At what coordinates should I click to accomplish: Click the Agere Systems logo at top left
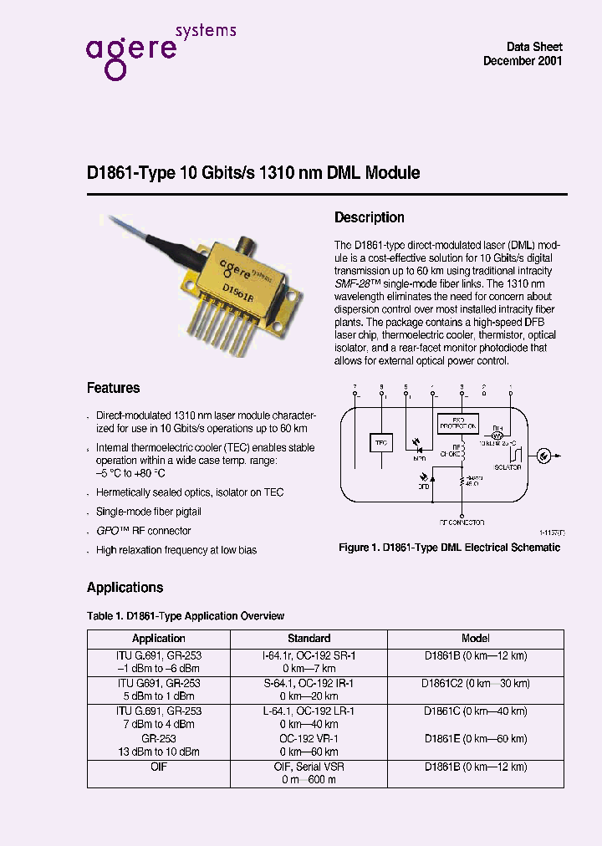[160, 50]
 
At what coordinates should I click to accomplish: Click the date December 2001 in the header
[523, 62]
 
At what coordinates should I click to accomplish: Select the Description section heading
[369, 217]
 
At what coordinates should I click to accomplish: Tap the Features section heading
[114, 388]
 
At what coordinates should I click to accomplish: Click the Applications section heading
[125, 588]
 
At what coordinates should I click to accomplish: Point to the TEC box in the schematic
[380, 442]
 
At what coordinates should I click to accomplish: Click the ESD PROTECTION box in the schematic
[458, 425]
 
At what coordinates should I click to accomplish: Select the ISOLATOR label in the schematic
[508, 467]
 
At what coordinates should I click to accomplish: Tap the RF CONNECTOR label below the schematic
[462, 522]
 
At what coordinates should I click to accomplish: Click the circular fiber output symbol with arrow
[543, 456]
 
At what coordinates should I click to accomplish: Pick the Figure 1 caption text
[449, 548]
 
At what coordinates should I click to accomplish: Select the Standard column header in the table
[309, 638]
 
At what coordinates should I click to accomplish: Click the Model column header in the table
[475, 638]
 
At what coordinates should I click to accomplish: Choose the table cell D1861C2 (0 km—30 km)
[475, 683]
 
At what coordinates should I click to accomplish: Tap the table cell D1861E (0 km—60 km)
[475, 738]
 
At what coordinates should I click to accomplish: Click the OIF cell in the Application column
[159, 766]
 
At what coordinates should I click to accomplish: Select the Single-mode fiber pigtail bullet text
[148, 512]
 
